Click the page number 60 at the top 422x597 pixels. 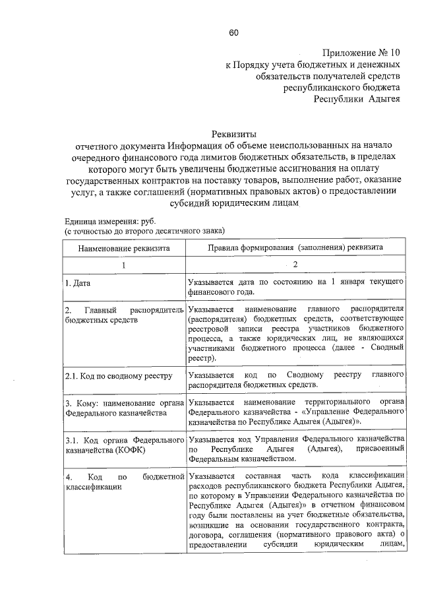coord(233,34)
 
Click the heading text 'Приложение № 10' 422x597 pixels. coord(361,52)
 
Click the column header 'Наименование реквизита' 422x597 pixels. coord(124,247)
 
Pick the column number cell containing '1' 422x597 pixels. coord(123,265)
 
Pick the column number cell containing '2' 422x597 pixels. coord(295,265)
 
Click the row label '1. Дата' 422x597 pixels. coord(78,283)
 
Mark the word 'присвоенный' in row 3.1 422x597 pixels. coord(377,449)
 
